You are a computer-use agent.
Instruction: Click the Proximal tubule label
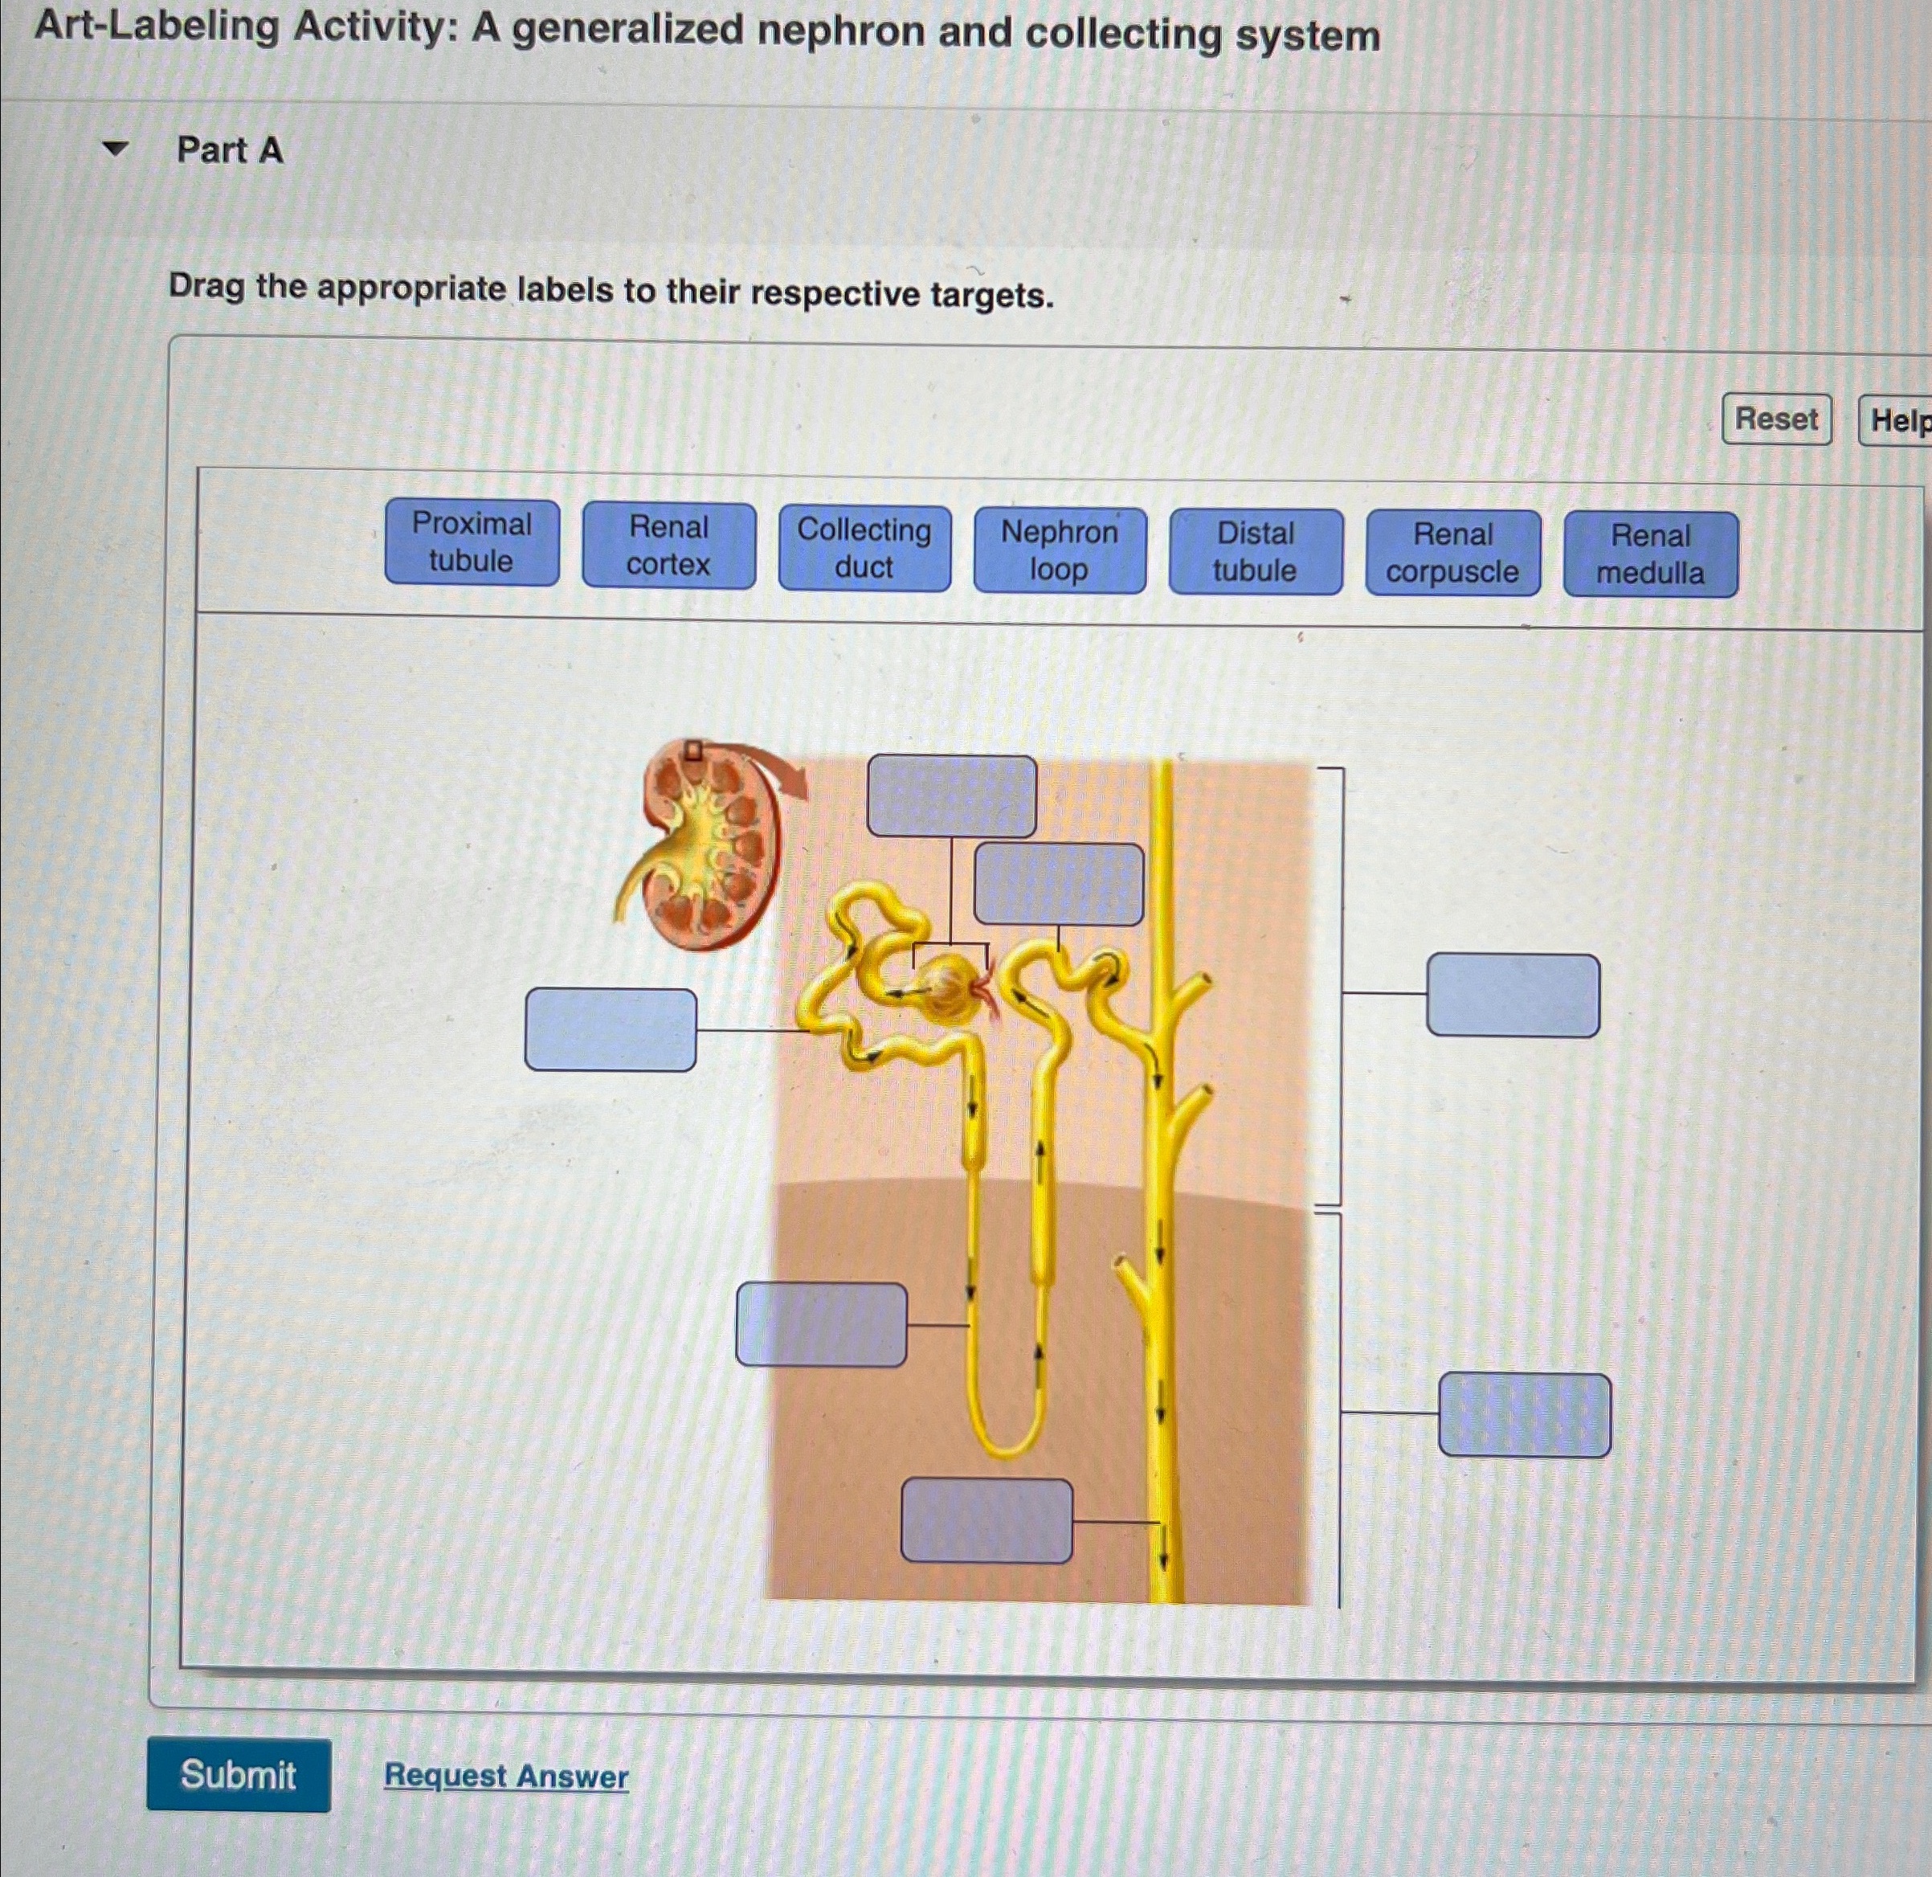pyautogui.click(x=472, y=542)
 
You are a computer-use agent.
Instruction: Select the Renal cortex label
pyautogui.click(x=668, y=545)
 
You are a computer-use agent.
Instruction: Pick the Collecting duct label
pyautogui.click(x=864, y=548)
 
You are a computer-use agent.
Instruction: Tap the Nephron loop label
pyautogui.click(x=1060, y=550)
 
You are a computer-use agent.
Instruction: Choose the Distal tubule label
pyautogui.click(x=1255, y=552)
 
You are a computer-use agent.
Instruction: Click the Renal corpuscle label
pyautogui.click(x=1453, y=553)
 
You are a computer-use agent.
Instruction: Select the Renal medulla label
pyautogui.click(x=1650, y=554)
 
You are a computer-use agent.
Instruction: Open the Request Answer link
pyautogui.click(x=505, y=1776)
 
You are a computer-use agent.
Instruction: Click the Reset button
pyautogui.click(x=1776, y=419)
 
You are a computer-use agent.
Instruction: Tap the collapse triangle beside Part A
pyautogui.click(x=116, y=149)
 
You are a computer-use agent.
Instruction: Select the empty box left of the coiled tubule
pyautogui.click(x=611, y=1030)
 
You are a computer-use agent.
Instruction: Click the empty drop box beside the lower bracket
pyautogui.click(x=1524, y=1415)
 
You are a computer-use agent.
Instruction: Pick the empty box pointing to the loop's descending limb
pyautogui.click(x=821, y=1325)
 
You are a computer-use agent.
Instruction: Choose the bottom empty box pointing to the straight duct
pyautogui.click(x=986, y=1520)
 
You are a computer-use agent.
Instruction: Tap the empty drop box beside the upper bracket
pyautogui.click(x=1512, y=995)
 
